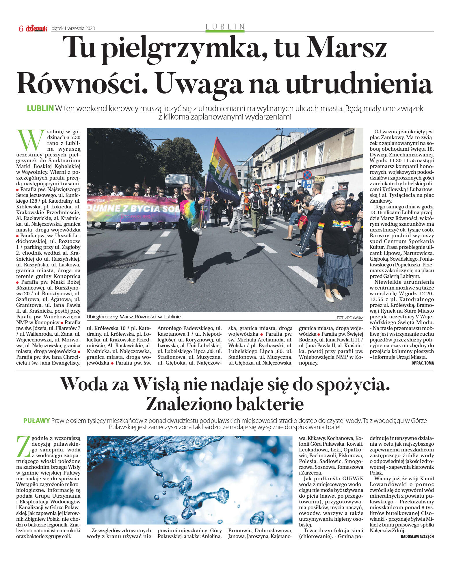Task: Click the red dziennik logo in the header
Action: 36,28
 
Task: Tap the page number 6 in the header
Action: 21,29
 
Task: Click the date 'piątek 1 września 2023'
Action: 73,28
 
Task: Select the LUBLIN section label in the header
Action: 225,27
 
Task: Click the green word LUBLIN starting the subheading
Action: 40,109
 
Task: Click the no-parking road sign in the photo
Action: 307,175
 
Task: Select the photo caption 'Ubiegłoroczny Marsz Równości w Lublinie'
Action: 133,317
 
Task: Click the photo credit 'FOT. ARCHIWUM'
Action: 350,318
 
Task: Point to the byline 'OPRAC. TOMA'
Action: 423,363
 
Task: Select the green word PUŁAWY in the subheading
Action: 36,421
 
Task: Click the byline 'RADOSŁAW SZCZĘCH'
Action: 417,537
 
